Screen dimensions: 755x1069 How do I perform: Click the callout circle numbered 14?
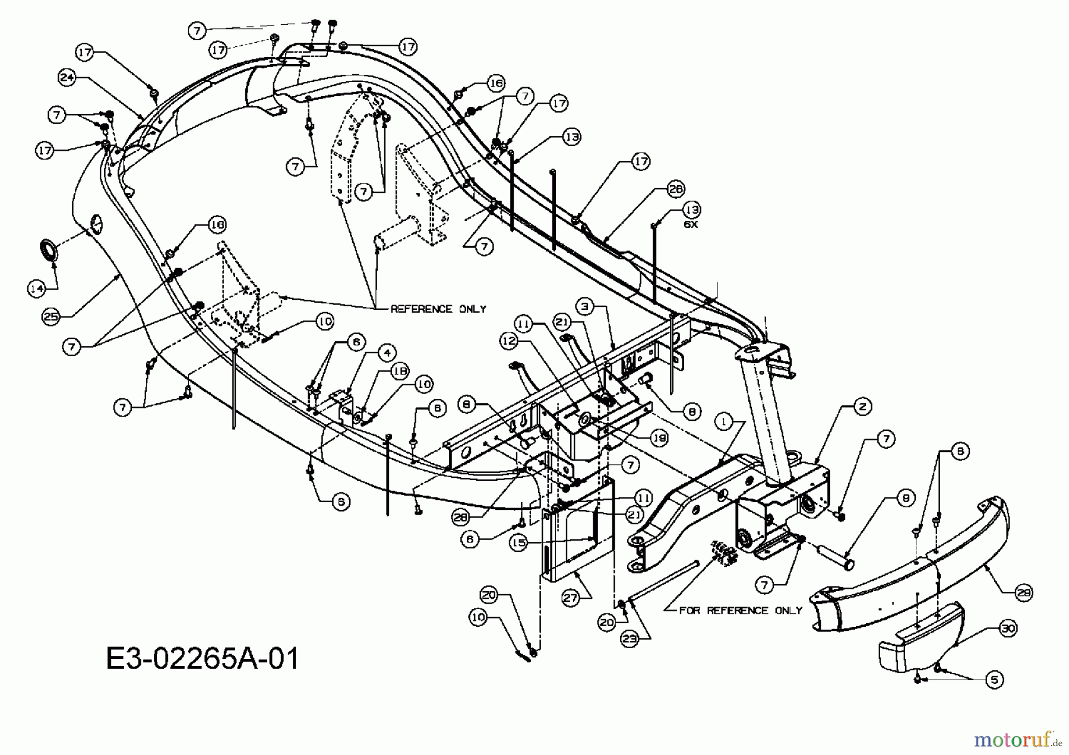[x=37, y=288]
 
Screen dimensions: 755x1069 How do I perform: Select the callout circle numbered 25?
[x=52, y=317]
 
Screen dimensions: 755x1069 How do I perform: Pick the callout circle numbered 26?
[x=675, y=189]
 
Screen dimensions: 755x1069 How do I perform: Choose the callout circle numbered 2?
[x=862, y=407]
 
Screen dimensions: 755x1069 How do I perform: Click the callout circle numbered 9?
[x=906, y=499]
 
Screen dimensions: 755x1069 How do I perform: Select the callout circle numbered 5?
[x=994, y=680]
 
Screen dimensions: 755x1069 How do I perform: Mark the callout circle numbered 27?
[x=571, y=599]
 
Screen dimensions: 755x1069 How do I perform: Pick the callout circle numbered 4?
[x=387, y=354]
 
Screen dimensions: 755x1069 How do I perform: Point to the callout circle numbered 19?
[x=659, y=439]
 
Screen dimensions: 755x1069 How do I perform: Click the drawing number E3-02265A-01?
[x=203, y=659]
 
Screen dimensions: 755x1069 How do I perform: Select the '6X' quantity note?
[x=691, y=225]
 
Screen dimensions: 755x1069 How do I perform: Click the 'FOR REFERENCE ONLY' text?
[x=741, y=610]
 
